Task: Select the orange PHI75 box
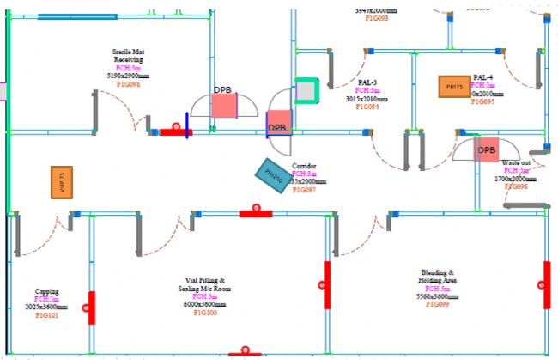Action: click(454, 87)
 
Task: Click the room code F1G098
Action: click(128, 84)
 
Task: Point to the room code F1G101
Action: click(47, 316)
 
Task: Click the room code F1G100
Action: click(205, 314)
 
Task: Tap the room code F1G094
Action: click(367, 107)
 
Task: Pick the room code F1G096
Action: click(515, 186)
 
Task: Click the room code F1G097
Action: click(305, 190)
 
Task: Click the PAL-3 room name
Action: click(367, 82)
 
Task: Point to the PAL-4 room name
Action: click(483, 77)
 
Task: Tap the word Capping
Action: click(47, 291)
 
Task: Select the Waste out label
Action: click(516, 162)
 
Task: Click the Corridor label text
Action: click(305, 166)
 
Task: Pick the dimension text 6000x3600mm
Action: click(205, 304)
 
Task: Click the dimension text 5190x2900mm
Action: click(128, 76)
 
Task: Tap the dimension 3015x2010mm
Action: click(367, 99)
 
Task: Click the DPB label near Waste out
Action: click(487, 150)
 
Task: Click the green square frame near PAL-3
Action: click(306, 91)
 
